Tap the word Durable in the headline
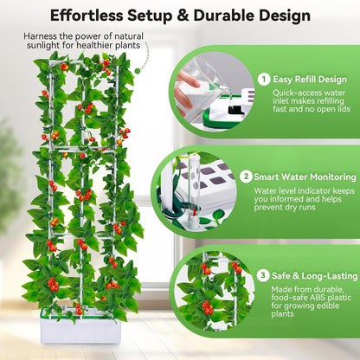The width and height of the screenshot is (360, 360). (234, 16)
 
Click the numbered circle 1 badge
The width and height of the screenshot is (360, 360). (264, 79)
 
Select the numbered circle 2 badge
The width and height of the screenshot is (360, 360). (246, 176)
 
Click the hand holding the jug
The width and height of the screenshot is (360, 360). (184, 87)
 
